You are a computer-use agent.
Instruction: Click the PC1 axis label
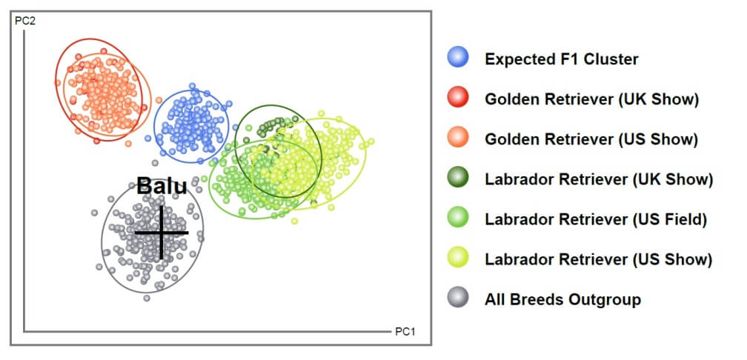pyautogui.click(x=405, y=331)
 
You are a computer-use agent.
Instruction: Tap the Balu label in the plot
pyautogui.click(x=162, y=186)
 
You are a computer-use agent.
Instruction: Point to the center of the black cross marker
pyautogui.click(x=162, y=233)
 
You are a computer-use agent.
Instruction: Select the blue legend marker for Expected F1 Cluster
pyautogui.click(x=458, y=58)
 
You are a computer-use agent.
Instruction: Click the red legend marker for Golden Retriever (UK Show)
pyautogui.click(x=458, y=98)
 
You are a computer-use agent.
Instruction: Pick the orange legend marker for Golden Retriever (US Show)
pyautogui.click(x=458, y=138)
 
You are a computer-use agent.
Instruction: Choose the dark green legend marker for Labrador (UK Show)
pyautogui.click(x=458, y=178)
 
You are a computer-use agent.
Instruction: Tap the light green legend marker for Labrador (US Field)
pyautogui.click(x=458, y=218)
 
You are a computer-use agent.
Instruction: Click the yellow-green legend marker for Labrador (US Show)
pyautogui.click(x=458, y=258)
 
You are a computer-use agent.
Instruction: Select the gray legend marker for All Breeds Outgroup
pyautogui.click(x=458, y=298)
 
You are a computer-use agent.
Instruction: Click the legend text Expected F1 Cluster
pyautogui.click(x=562, y=59)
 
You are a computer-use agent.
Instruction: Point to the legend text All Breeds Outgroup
pyautogui.click(x=563, y=299)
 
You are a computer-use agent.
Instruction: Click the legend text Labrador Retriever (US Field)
pyautogui.click(x=596, y=219)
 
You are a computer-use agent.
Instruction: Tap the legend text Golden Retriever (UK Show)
pyautogui.click(x=591, y=99)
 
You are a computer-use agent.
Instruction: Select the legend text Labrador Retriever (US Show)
pyautogui.click(x=598, y=259)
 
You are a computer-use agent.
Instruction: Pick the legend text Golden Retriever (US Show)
pyautogui.click(x=591, y=139)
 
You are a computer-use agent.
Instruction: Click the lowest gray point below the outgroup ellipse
pyautogui.click(x=147, y=298)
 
